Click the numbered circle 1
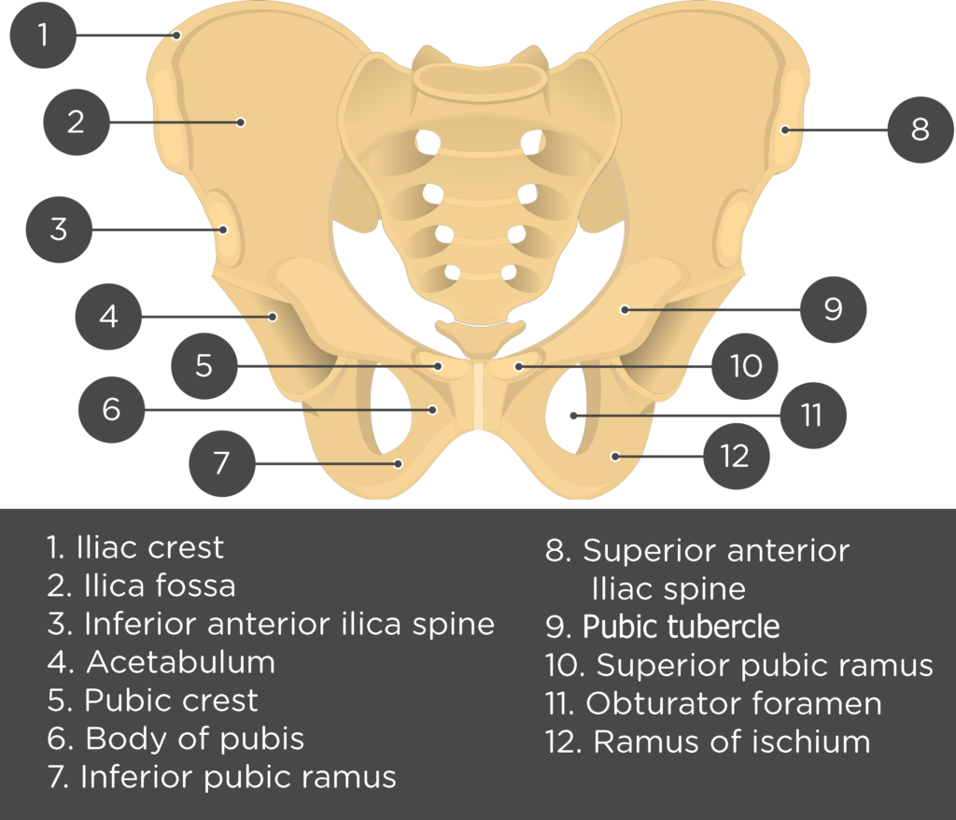pos(43,35)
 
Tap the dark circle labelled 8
pos(920,129)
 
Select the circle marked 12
pos(736,456)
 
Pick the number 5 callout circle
pos(204,365)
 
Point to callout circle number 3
pos(59,230)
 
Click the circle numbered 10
pos(744,366)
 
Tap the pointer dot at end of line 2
pos(241,122)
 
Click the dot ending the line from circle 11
pos(574,416)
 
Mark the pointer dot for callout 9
pos(625,310)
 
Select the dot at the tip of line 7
pos(398,463)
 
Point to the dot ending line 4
pos(274,317)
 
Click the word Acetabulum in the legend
pos(180,662)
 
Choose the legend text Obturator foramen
pos(734,703)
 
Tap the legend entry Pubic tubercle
pos(681,627)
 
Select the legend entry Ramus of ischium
pos(732,742)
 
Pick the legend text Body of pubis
pos(194,739)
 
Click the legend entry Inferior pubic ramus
pos(238,777)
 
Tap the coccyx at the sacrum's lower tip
pos(481,337)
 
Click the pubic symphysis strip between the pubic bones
pos(479,395)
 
